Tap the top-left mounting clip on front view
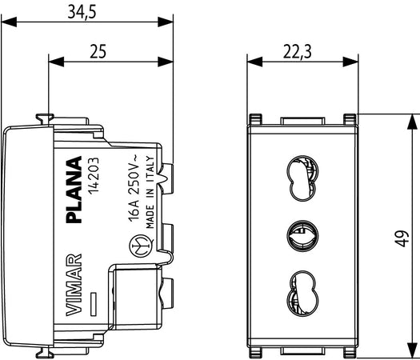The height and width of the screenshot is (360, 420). tap(255, 120)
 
